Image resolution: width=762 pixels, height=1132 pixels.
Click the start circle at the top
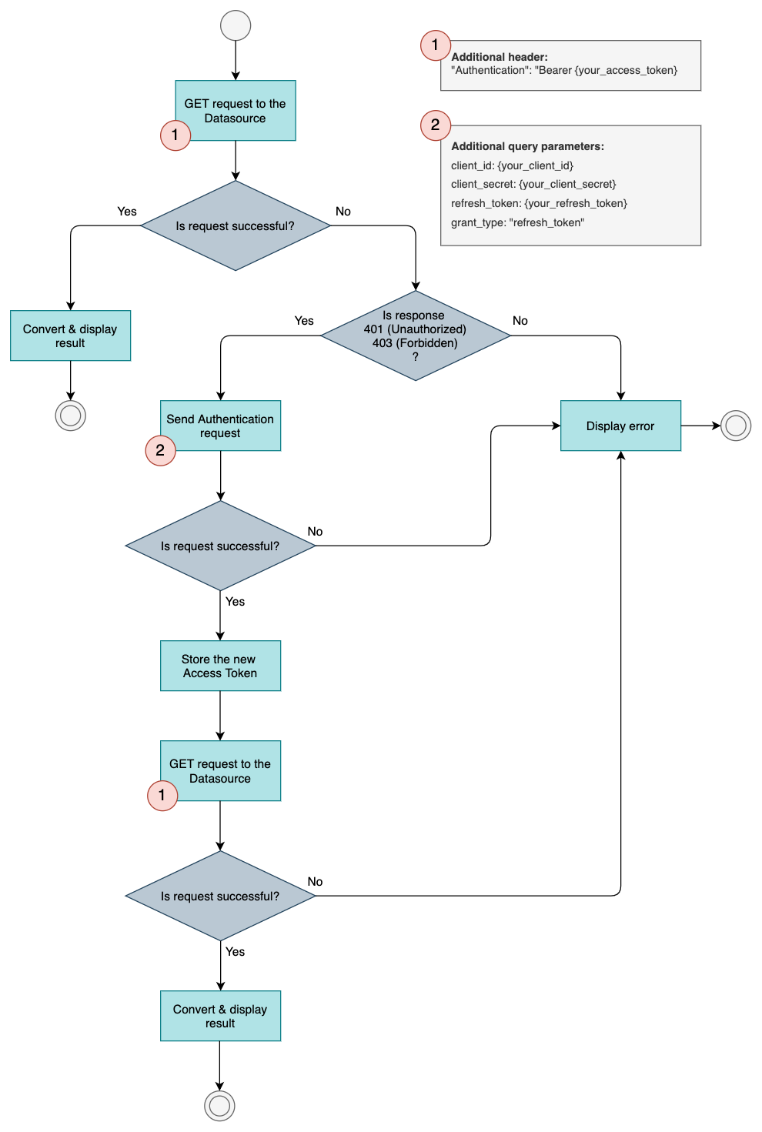(x=236, y=25)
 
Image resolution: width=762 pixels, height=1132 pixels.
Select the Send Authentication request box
(x=220, y=426)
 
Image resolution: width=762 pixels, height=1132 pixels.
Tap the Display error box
(x=620, y=426)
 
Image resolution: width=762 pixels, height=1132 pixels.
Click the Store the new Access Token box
(x=220, y=666)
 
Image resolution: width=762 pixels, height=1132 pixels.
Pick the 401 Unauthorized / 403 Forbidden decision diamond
(x=416, y=336)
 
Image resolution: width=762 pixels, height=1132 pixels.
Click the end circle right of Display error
(x=736, y=426)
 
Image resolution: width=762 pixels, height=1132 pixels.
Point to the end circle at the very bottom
(x=219, y=1106)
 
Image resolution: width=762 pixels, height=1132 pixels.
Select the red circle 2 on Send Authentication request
(x=160, y=450)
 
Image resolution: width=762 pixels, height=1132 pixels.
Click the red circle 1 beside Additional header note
(x=435, y=45)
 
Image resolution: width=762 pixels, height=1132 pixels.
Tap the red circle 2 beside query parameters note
(x=435, y=125)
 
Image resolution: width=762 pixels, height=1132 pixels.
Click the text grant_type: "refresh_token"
(x=517, y=222)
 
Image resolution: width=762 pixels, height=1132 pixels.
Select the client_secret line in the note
(x=533, y=184)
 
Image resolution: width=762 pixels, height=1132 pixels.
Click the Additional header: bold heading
(x=500, y=57)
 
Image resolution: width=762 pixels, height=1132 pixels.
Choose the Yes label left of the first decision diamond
(x=127, y=212)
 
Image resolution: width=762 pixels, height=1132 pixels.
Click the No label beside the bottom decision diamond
(x=315, y=882)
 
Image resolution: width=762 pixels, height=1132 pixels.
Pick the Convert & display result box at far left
(x=70, y=336)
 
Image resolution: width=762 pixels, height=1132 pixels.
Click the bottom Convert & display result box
(x=220, y=1016)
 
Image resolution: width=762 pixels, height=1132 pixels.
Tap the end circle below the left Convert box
(x=70, y=416)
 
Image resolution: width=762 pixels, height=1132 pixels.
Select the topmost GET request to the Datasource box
(x=236, y=110)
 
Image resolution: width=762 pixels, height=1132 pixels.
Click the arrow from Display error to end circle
(x=700, y=426)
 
